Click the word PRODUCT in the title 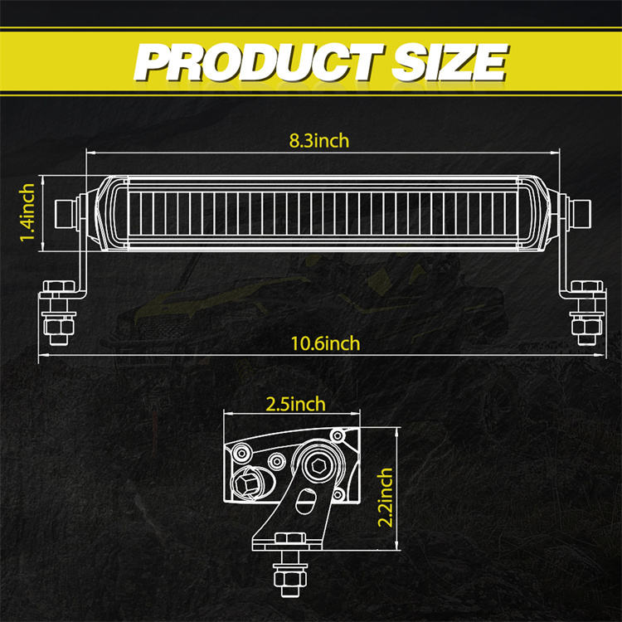259,62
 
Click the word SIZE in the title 449,62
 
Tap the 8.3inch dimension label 319,141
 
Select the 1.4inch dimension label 27,212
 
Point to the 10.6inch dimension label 325,343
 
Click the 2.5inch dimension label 295,404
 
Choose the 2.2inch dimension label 384,498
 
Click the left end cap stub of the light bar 66,214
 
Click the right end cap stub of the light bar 580,214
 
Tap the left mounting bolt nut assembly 59,312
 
